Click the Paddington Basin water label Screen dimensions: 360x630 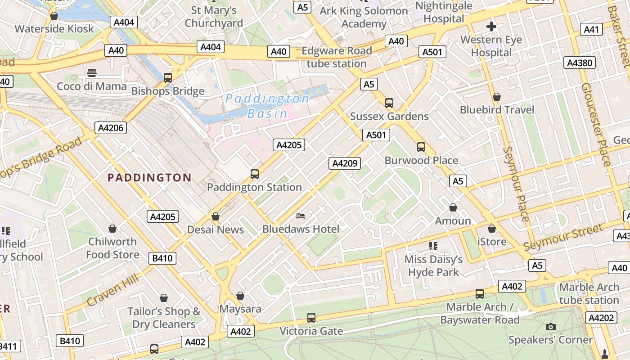tap(267, 106)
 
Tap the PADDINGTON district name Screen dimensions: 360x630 tap(149, 178)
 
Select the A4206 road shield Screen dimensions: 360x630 tap(111, 128)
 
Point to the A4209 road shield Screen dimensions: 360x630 tap(345, 163)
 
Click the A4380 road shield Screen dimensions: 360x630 tap(580, 63)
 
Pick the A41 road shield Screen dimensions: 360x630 tap(592, 30)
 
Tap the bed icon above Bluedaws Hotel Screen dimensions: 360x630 tap(301, 216)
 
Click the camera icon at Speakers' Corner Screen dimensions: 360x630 tap(550, 327)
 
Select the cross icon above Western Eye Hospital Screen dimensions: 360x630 tap(491, 27)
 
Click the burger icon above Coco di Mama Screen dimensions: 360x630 tap(92, 73)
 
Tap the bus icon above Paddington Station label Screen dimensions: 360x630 tap(255, 174)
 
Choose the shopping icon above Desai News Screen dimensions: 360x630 tap(216, 217)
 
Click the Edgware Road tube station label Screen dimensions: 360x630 tap(337, 57)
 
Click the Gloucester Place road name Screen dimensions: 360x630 tap(596, 124)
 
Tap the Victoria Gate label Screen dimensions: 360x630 tap(311, 331)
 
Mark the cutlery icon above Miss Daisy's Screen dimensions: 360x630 tap(433, 246)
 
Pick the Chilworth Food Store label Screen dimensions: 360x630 tap(112, 248)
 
